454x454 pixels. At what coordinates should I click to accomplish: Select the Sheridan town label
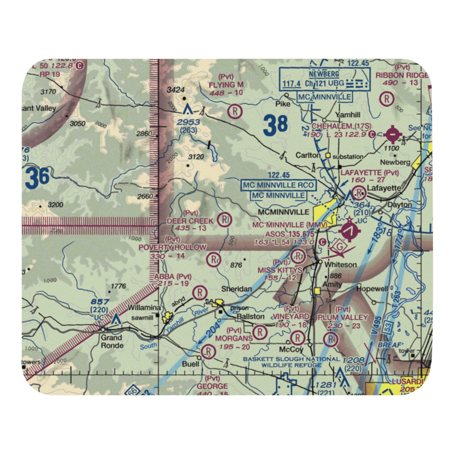(237, 289)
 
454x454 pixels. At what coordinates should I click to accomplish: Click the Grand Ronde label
(112, 341)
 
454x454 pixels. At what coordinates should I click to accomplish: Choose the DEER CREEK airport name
(190, 221)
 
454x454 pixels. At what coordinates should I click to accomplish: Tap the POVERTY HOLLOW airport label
(173, 247)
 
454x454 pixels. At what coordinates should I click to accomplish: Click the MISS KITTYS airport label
(280, 270)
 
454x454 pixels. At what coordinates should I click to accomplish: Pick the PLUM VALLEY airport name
(343, 316)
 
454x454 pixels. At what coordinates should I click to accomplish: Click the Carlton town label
(308, 155)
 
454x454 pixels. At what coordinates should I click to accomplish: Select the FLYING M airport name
(226, 85)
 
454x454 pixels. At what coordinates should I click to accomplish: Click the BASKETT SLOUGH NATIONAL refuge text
(291, 359)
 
